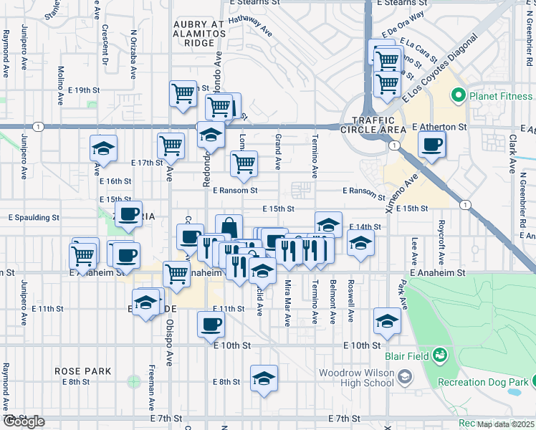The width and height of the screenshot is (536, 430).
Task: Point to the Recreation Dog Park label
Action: point(482,383)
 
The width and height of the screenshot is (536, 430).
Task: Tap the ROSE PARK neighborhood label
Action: point(83,371)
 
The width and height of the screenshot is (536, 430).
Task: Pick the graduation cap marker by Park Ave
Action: point(387,320)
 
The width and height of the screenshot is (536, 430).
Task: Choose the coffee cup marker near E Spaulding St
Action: point(129,214)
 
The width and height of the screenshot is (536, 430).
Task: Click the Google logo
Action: point(24,421)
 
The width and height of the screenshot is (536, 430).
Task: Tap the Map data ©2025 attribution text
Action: point(505,424)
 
